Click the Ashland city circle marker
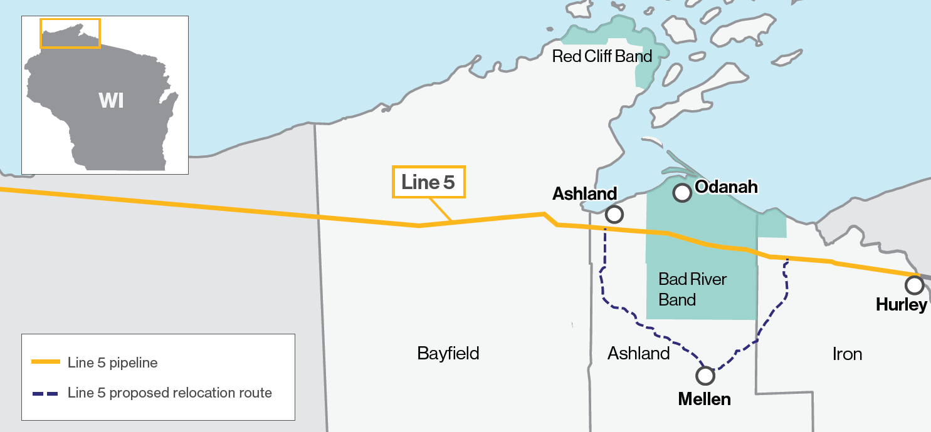[x=614, y=215]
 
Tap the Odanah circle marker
[x=681, y=193]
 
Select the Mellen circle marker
[x=705, y=376]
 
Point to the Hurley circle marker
[x=914, y=285]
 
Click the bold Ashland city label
[x=584, y=194]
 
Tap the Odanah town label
[x=727, y=187]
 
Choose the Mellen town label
[x=704, y=399]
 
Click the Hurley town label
[x=902, y=305]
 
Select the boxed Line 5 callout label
[x=429, y=182]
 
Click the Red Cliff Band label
[x=602, y=56]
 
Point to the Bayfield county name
[x=448, y=353]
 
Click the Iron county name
[x=847, y=354]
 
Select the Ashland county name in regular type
[x=638, y=354]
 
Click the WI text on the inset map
[x=111, y=100]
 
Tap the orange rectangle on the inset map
[x=70, y=33]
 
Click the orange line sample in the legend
[x=45, y=363]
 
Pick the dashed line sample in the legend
[x=45, y=393]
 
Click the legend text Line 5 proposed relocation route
[x=169, y=393]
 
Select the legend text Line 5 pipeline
[x=112, y=363]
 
